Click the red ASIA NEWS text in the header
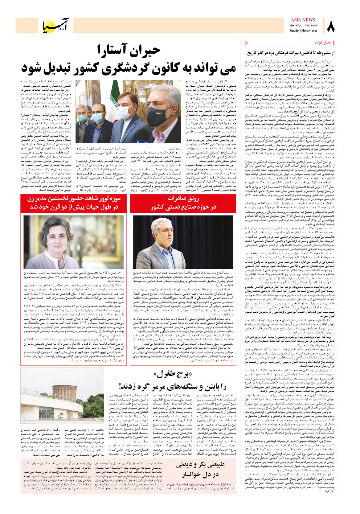click(x=303, y=20)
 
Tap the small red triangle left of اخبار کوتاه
click(x=246, y=43)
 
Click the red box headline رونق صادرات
click(x=183, y=198)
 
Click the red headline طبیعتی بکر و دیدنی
click(x=201, y=465)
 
